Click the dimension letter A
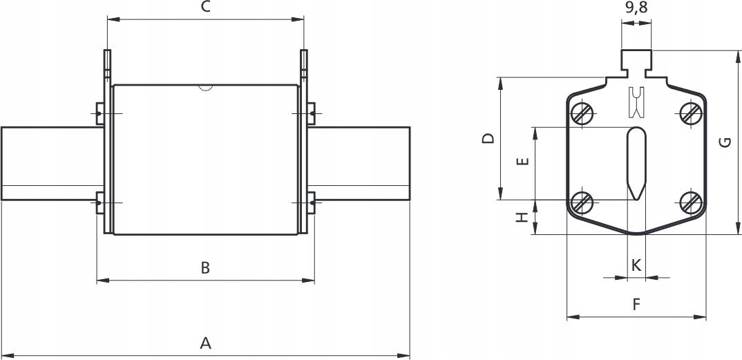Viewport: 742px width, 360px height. pos(205,343)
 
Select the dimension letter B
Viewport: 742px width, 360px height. pos(205,267)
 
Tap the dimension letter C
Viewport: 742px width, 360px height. pos(205,7)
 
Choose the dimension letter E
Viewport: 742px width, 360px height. pos(523,161)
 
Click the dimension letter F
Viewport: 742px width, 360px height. pos(636,305)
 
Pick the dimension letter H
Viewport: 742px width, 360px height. pos(522,217)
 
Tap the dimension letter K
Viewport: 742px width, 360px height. pos(636,265)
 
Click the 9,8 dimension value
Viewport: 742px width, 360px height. pos(636,8)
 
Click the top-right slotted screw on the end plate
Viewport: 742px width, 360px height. pos(691,113)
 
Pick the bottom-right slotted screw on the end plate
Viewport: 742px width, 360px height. pos(691,203)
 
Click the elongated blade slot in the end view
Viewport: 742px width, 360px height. pos(636,164)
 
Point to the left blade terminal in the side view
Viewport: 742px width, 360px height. pos(52,163)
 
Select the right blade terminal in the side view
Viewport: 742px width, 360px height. pos(359,163)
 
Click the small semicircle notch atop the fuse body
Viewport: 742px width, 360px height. pos(205,87)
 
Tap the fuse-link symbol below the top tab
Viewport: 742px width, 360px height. pos(636,102)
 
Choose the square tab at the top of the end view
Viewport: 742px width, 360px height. pos(636,60)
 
